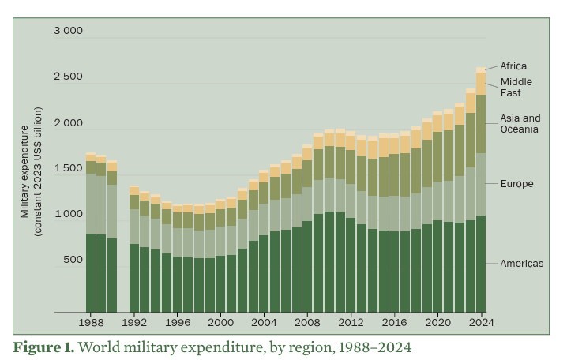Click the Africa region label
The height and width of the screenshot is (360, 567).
pyautogui.click(x=513, y=66)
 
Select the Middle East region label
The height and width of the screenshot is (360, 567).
pyautogui.click(x=516, y=87)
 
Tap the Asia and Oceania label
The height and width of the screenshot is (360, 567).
pyautogui.click(x=520, y=123)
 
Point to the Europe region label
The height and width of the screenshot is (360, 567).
pyautogui.click(x=517, y=184)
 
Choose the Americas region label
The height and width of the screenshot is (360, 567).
pyautogui.click(x=522, y=263)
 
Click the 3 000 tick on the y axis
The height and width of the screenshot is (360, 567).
pyautogui.click(x=68, y=31)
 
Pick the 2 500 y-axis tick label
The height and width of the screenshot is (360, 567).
pyautogui.click(x=68, y=77)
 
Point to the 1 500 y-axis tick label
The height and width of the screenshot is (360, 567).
pyautogui.click(x=68, y=168)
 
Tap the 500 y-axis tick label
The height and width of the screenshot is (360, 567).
pyautogui.click(x=72, y=260)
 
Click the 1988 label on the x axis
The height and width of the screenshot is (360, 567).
pyautogui.click(x=92, y=322)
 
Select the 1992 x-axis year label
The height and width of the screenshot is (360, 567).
pyautogui.click(x=134, y=322)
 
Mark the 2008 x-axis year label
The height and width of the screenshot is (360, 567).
pyautogui.click(x=307, y=322)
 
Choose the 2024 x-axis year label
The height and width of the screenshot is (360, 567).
pyautogui.click(x=480, y=322)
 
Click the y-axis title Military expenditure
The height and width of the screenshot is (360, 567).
pyautogui.click(x=25, y=171)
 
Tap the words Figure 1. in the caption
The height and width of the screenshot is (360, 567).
pyautogui.click(x=43, y=347)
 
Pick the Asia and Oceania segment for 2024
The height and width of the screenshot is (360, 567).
pyautogui.click(x=480, y=123)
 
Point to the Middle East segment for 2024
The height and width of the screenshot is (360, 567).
pyautogui.click(x=480, y=83)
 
